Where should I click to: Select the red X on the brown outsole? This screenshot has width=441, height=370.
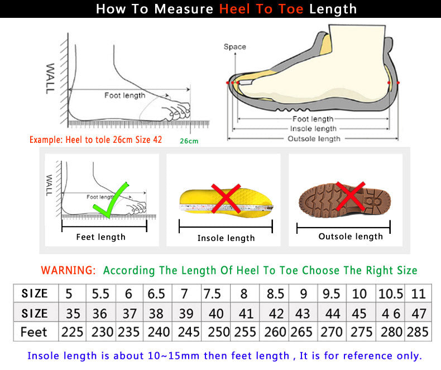click(x=350, y=197)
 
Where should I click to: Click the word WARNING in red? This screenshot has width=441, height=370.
click(x=68, y=271)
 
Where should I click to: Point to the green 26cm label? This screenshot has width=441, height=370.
click(x=189, y=141)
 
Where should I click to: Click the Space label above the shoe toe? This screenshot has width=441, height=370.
click(x=234, y=47)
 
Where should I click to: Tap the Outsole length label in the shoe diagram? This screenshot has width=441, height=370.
click(x=313, y=138)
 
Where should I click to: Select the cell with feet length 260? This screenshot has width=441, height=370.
click(x=275, y=331)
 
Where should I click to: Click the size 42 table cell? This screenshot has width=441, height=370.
click(x=275, y=313)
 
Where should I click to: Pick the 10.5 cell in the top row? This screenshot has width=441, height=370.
click(x=390, y=294)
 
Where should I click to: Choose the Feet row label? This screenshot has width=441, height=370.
click(x=34, y=331)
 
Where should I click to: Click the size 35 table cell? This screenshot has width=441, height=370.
click(x=72, y=313)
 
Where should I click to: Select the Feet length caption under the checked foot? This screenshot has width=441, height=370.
click(x=100, y=237)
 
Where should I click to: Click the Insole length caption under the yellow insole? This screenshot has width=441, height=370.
click(x=226, y=238)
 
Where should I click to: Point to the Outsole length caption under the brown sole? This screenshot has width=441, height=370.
click(x=351, y=237)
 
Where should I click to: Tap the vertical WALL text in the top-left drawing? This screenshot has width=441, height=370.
click(x=50, y=78)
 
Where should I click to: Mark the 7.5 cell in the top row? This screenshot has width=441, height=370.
click(x=212, y=294)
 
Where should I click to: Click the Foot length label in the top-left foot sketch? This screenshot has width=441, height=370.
click(x=124, y=95)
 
